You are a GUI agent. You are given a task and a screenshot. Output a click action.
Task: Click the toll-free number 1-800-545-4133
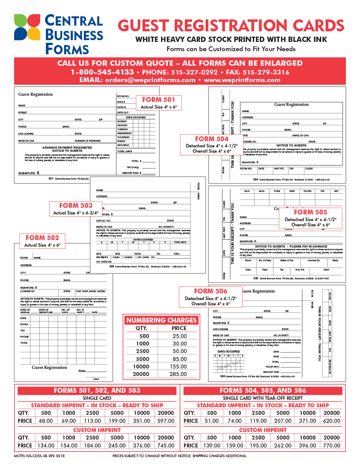coord(102,72)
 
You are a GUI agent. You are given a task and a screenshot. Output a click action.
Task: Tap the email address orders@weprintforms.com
coord(150,80)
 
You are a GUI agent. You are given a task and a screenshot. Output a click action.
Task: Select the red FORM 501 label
coord(158,100)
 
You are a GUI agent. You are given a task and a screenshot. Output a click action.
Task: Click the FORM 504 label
coord(212,139)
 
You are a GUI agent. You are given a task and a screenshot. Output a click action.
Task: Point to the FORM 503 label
coord(76,206)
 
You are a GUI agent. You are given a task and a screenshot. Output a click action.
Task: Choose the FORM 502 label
coord(42,238)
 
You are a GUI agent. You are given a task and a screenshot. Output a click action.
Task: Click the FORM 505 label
coord(310,212)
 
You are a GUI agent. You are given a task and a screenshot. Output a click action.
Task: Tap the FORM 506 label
coord(211,291)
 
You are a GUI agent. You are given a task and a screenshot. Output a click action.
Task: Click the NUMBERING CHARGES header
coord(161,320)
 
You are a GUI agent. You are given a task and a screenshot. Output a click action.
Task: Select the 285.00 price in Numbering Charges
coord(179,374)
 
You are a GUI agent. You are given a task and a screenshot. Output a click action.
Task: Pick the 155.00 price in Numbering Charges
coord(179,366)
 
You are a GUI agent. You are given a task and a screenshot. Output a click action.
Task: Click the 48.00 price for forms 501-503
coord(46,421)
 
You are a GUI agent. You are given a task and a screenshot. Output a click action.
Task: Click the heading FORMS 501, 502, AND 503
coord(97,391)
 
